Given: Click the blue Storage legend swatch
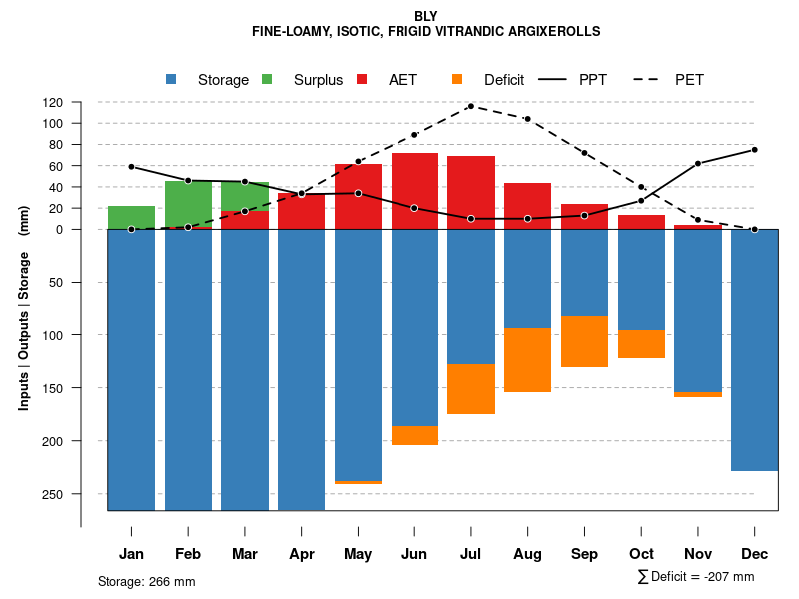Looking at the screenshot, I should tap(171, 79).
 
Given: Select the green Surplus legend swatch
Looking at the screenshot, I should tap(267, 79).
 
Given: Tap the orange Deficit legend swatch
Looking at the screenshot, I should tap(457, 79).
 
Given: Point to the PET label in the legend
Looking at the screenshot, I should tap(689, 80).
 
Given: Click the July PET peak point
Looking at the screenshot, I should tap(470, 106).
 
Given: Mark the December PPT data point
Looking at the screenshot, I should tap(755, 150).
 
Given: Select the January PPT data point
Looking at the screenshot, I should tap(131, 167).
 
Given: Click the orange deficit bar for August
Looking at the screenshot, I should tap(527, 360).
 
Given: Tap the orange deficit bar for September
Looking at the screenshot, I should tap(584, 341).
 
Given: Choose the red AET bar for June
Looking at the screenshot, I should tap(414, 191).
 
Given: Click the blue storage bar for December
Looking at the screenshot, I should tap(754, 349).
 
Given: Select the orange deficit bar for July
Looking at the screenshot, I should tap(470, 389).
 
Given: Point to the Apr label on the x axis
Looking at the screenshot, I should tap(301, 554).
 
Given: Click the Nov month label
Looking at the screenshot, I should tap(697, 554).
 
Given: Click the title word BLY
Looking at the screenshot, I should tap(426, 16).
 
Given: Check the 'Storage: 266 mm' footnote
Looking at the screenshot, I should tap(146, 581).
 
